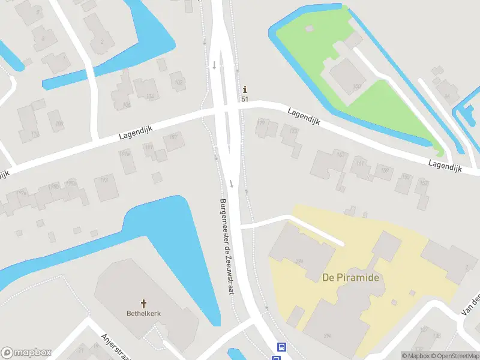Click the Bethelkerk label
click(x=143, y=313)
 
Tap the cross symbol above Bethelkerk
click(x=143, y=304)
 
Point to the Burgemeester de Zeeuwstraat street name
click(x=226, y=246)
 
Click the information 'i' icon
click(x=245, y=90)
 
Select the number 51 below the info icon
click(x=245, y=99)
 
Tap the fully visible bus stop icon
click(x=281, y=347)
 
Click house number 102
click(x=178, y=82)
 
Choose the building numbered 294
click(x=328, y=335)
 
